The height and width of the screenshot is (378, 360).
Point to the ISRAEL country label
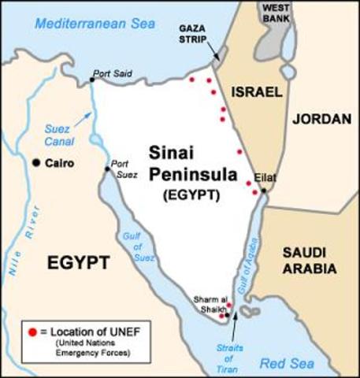[257, 93]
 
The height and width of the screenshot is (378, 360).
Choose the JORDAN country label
[321, 120]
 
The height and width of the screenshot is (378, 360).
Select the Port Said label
[112, 75]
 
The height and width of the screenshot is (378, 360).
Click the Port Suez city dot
[108, 169]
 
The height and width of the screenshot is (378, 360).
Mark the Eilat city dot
[264, 190]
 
